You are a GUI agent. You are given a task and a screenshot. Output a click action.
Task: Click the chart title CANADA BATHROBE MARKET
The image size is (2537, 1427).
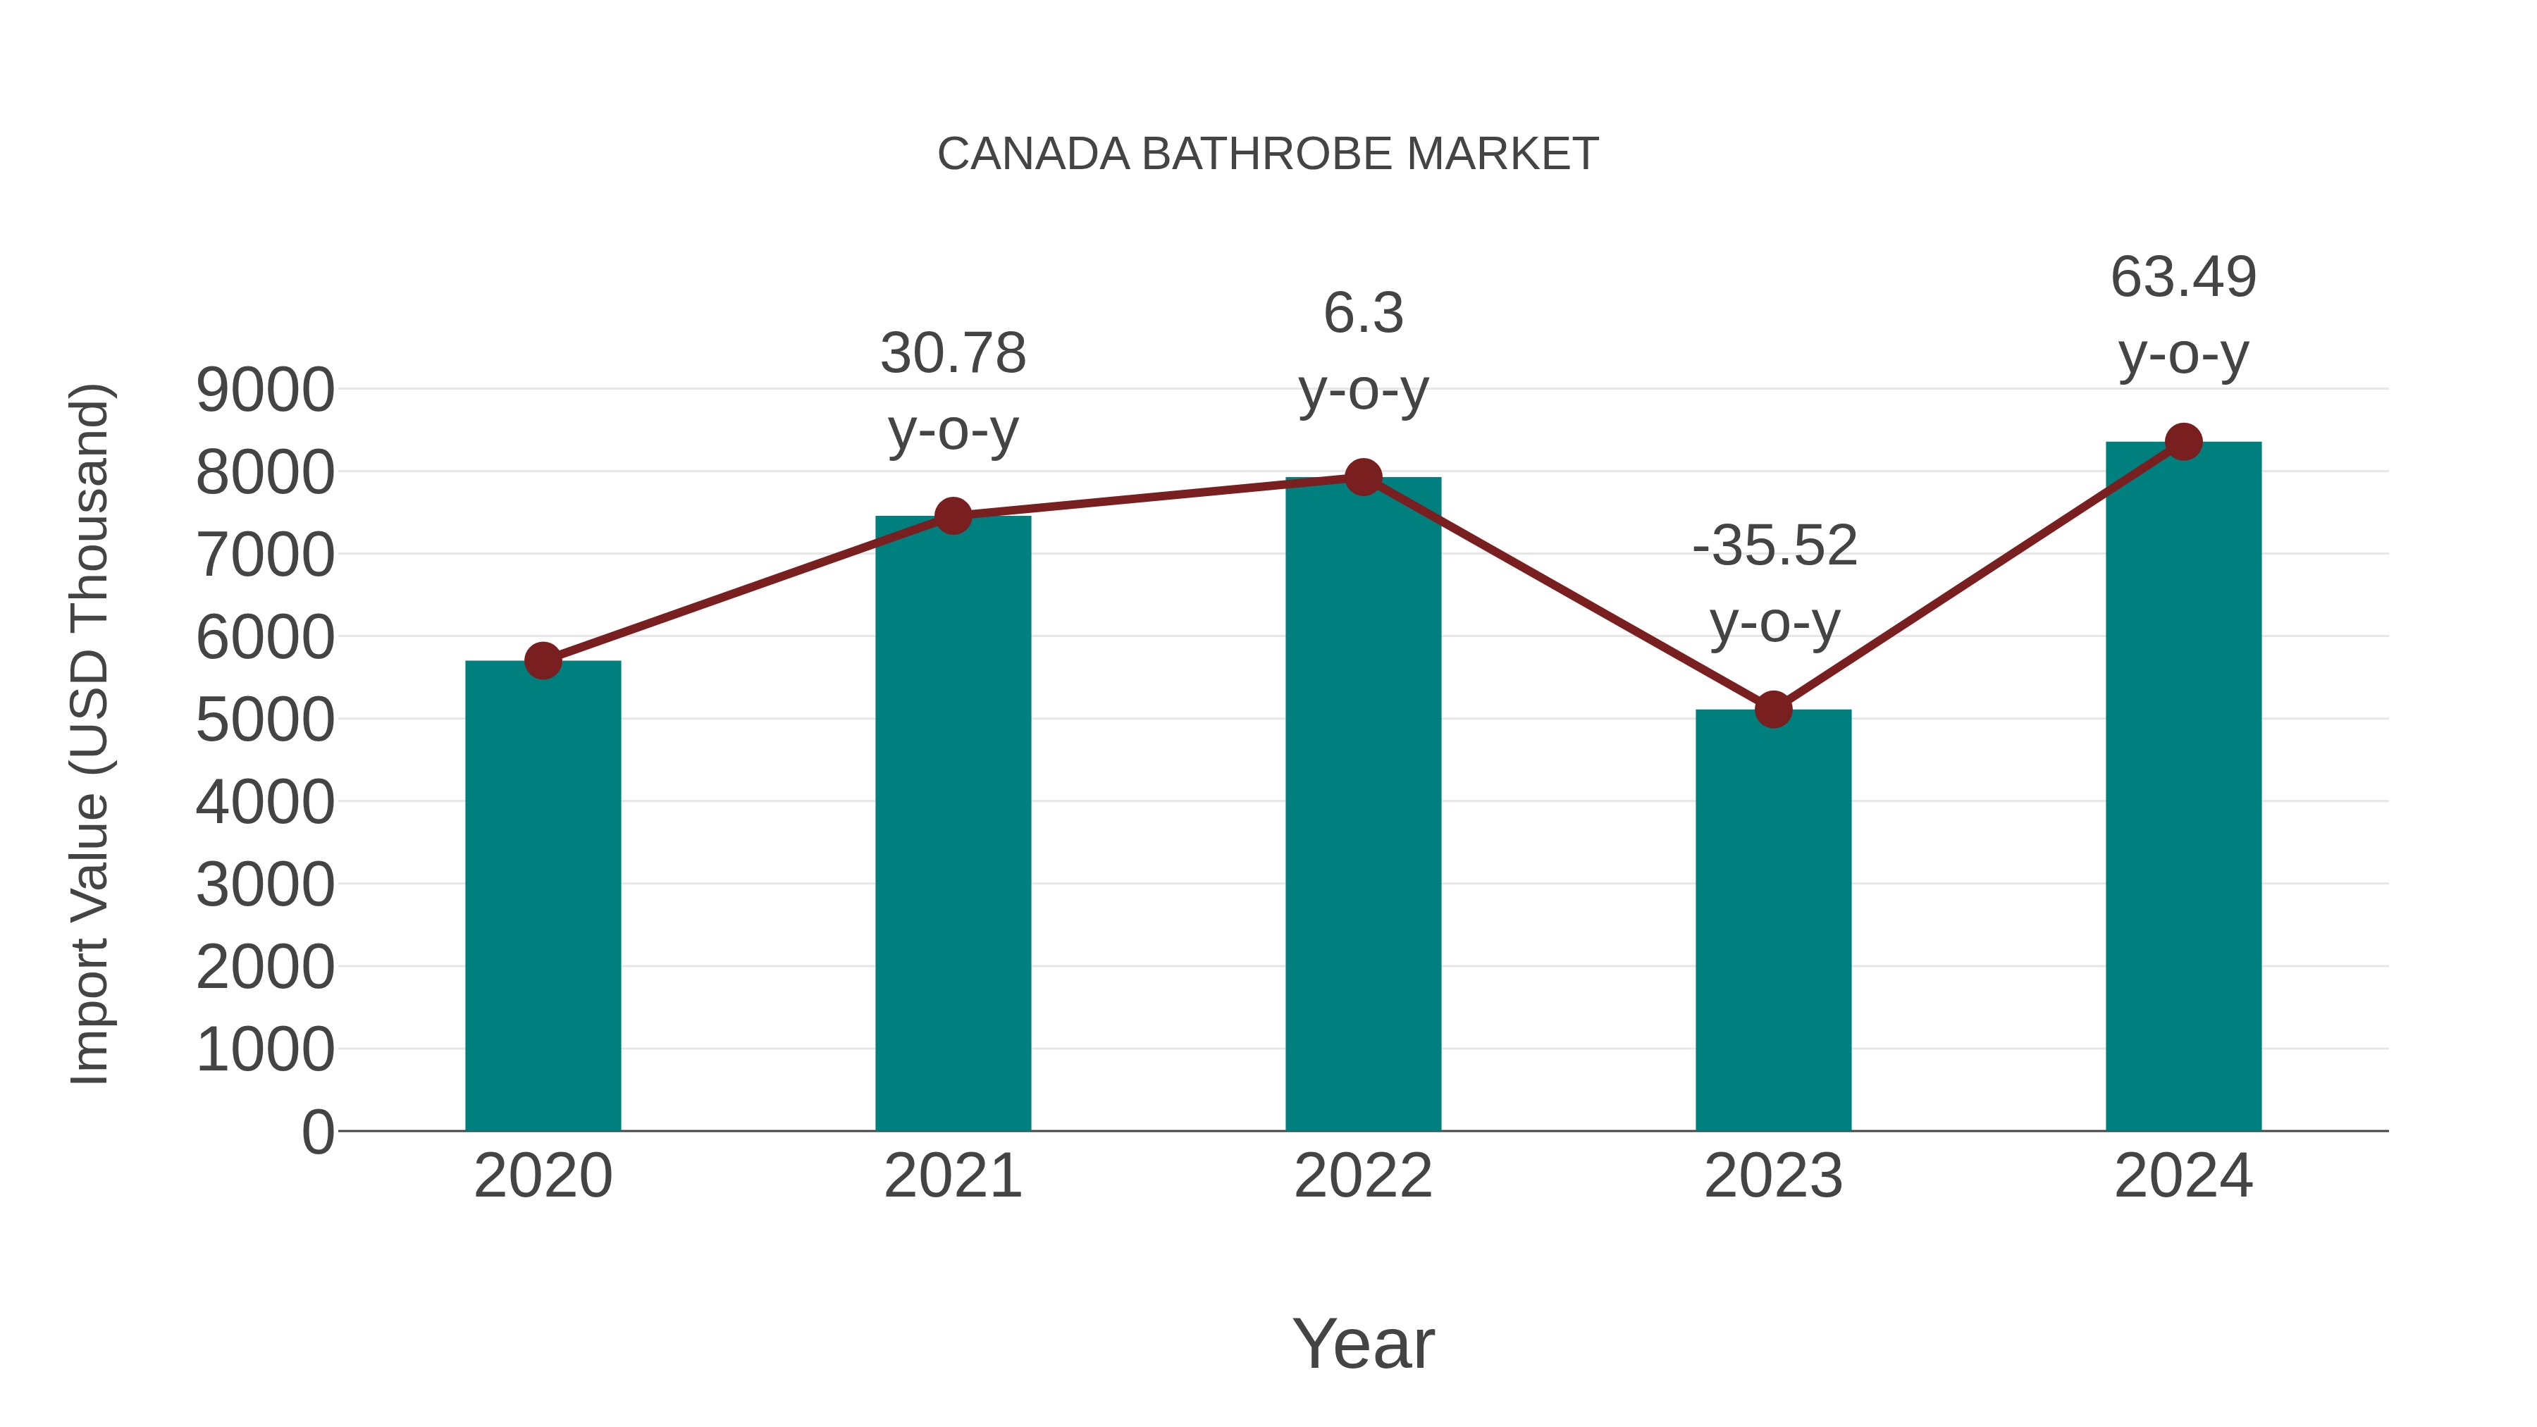1268,154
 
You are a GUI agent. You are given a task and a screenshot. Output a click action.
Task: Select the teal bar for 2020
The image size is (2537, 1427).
543,896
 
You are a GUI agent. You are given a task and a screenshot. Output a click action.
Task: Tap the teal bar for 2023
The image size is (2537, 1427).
1773,921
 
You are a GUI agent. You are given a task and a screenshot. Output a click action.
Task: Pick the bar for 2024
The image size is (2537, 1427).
2183,788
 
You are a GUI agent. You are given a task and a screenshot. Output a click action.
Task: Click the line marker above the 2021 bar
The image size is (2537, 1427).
952,515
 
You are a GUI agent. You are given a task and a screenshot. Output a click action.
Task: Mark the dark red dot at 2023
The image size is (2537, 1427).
1773,709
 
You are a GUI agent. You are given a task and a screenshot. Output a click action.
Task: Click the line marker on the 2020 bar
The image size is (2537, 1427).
543,661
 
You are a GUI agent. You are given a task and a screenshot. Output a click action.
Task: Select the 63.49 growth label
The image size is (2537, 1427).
2183,278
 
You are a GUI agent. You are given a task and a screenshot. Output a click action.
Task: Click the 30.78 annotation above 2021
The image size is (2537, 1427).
952,354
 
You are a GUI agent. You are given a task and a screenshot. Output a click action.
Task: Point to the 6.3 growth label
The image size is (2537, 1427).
1363,314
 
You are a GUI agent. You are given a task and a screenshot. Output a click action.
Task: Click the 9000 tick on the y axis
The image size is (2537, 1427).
265,391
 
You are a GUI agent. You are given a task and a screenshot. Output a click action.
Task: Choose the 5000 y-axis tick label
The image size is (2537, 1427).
265,721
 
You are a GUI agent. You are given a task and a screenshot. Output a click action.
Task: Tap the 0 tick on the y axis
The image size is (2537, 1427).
317,1132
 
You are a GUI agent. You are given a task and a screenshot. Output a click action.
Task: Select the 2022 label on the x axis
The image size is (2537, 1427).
1363,1176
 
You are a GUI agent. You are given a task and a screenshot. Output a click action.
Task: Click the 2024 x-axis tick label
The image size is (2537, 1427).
2183,1176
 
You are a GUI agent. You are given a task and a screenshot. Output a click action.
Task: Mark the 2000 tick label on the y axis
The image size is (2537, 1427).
265,968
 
